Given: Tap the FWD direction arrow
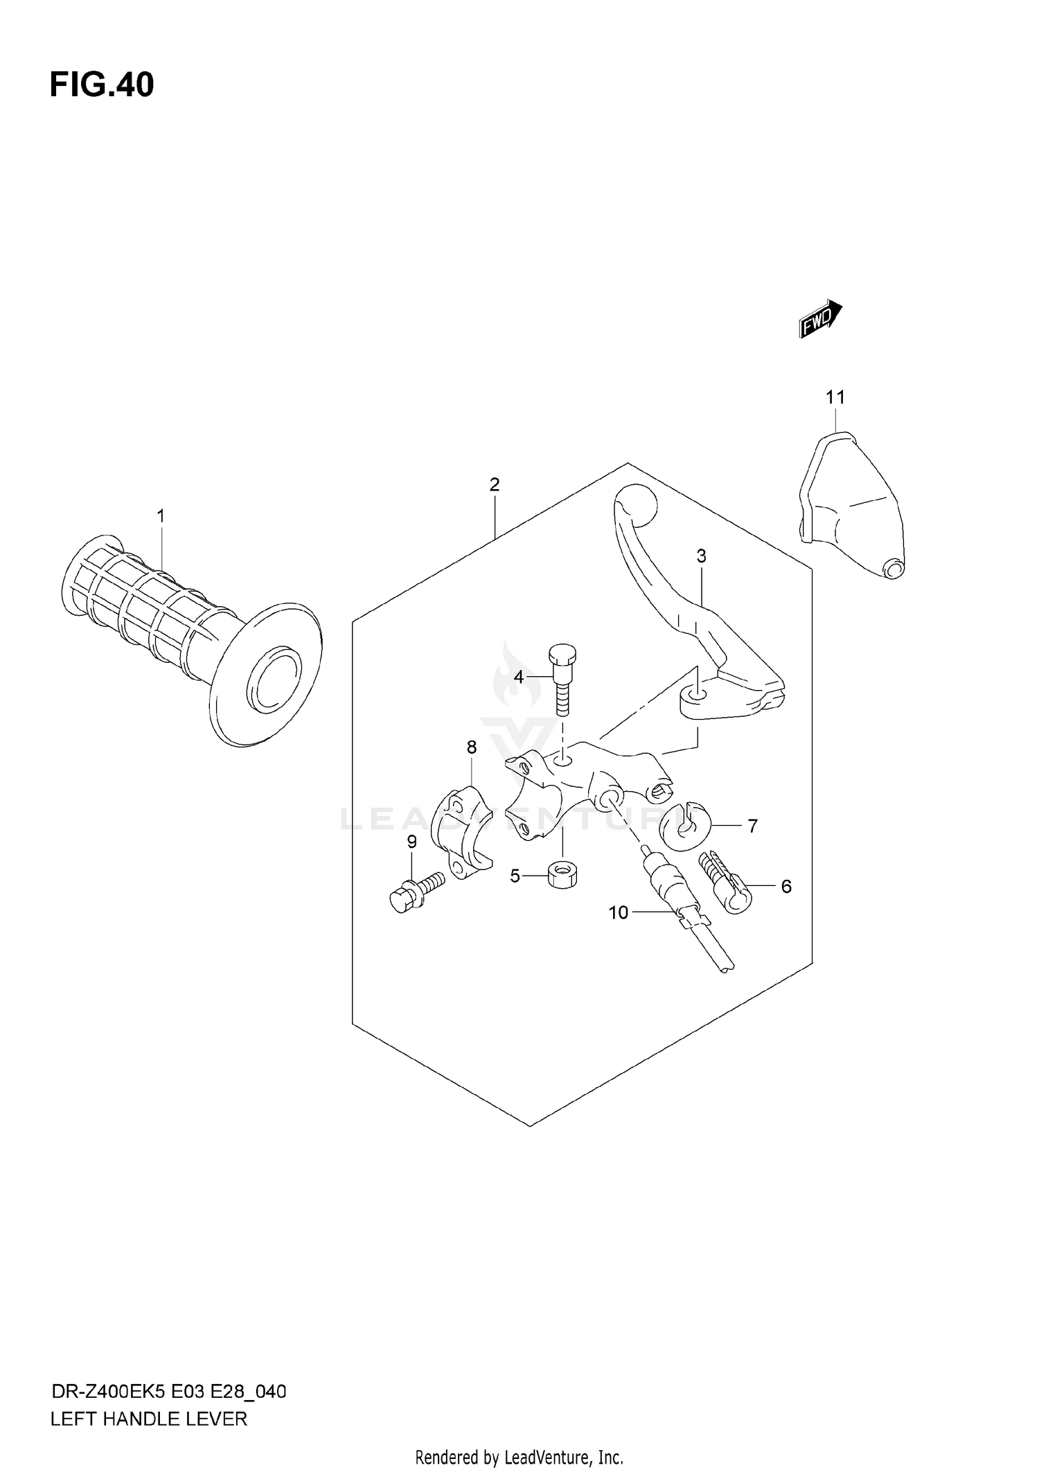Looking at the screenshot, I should click(x=820, y=319).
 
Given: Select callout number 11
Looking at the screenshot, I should click(x=835, y=398).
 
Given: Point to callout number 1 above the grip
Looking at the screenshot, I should click(x=161, y=516).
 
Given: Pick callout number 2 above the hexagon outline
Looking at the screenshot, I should click(x=494, y=485).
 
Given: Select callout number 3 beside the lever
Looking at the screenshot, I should click(x=701, y=556).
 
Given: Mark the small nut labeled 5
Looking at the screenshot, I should click(x=563, y=876).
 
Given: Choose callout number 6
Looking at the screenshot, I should click(x=785, y=887).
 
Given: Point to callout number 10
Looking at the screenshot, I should click(x=618, y=913).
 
